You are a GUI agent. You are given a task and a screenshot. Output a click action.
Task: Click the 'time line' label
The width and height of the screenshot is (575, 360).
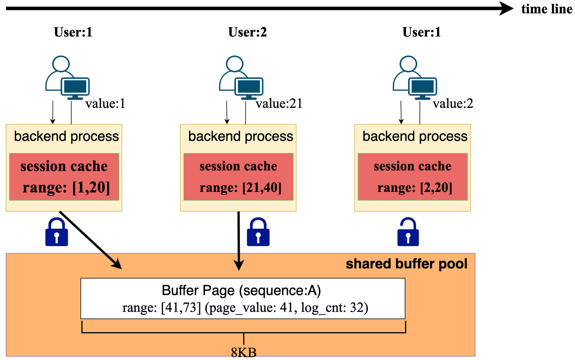546,9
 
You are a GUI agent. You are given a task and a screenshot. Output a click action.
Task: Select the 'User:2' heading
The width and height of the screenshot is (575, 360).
247,32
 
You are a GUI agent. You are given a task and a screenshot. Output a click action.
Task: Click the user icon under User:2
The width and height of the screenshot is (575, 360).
241,78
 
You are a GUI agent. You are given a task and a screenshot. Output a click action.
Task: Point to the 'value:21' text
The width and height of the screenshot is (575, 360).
279,103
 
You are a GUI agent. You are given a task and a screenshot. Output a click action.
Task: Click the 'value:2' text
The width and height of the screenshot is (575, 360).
453,103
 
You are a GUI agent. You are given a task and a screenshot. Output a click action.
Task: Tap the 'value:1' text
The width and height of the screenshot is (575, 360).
105,103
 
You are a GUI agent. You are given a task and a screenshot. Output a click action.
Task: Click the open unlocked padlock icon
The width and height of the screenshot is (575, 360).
408,232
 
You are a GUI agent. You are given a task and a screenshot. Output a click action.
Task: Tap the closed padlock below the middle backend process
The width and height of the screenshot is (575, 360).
258,232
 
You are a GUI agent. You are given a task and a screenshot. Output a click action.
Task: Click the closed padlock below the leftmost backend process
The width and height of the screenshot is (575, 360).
57,232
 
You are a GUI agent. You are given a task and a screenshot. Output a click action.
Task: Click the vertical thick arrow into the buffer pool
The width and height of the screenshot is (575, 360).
239,241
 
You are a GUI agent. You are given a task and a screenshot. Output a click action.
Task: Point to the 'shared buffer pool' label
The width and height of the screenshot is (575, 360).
406,264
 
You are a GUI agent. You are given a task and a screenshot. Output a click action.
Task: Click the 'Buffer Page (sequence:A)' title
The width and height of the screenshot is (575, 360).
241,290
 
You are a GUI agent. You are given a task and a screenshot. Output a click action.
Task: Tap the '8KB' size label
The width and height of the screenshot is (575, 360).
243,353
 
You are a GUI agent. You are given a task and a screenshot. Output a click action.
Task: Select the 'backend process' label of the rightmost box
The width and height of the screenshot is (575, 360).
415,136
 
